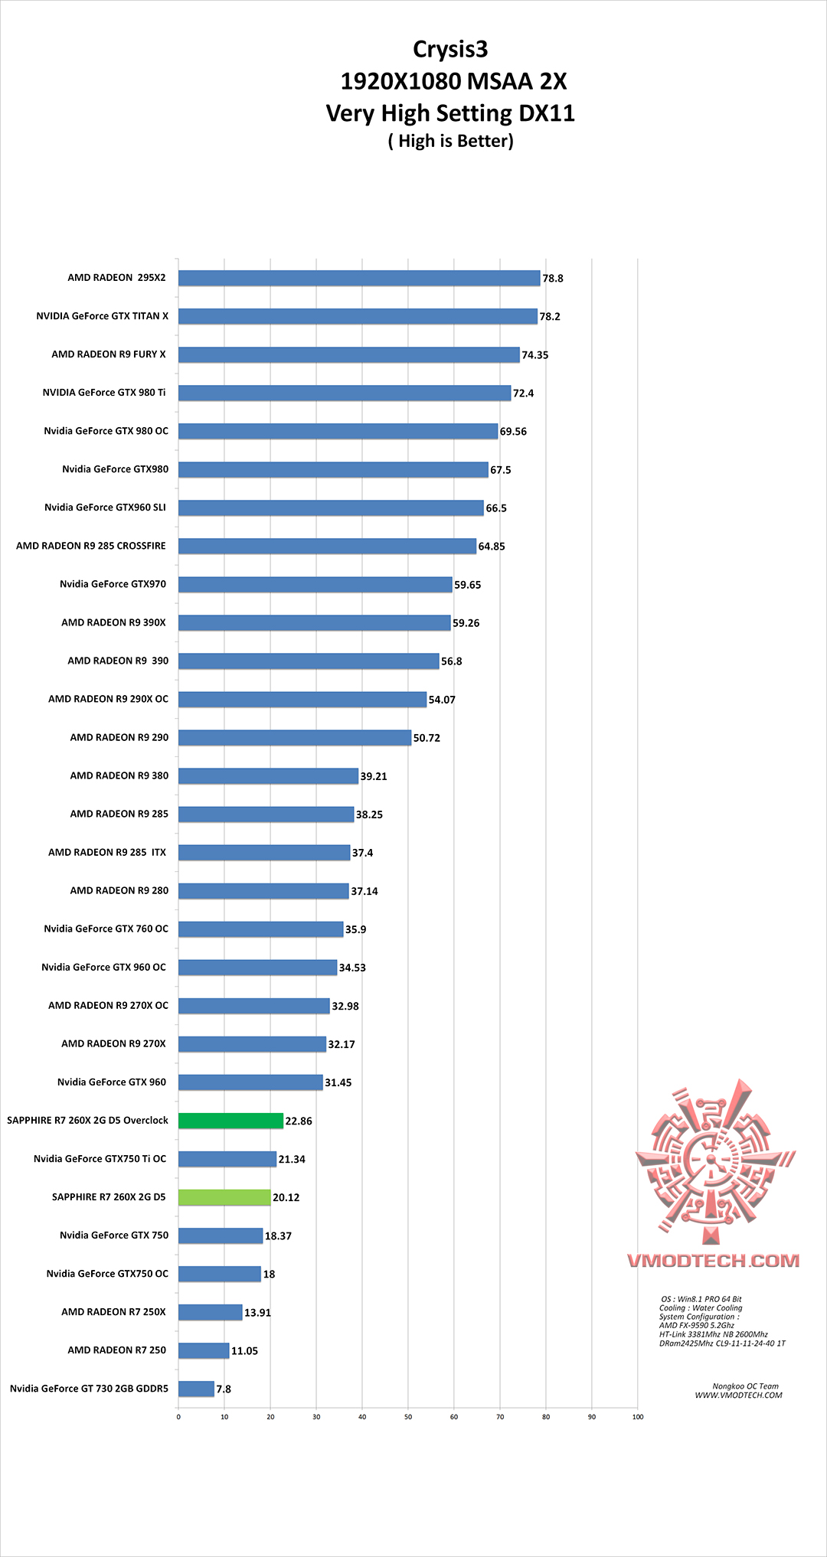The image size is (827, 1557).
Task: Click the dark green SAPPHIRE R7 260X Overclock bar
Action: pos(230,1121)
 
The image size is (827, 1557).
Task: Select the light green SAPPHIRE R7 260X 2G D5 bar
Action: pos(224,1197)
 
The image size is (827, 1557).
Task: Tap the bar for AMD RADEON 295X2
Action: pos(359,278)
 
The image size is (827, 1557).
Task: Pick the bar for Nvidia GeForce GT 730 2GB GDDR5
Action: pos(196,1389)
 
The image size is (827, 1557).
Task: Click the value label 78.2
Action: pos(550,317)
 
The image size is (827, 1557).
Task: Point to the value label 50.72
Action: pos(427,738)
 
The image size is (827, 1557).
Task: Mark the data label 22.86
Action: pos(299,1121)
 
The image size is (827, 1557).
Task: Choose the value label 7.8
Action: pos(224,1389)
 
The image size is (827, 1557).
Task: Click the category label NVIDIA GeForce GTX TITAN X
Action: pos(102,316)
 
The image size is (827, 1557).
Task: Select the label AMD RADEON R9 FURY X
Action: pos(109,354)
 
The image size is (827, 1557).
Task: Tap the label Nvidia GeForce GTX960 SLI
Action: pos(105,508)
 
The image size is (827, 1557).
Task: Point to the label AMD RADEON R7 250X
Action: pos(113,1312)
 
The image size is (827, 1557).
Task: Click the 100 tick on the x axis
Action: pos(638,1417)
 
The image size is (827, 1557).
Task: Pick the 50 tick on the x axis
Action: pos(408,1417)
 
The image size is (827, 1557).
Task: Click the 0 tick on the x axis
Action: pos(178,1417)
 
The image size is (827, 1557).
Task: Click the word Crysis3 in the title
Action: pos(450,50)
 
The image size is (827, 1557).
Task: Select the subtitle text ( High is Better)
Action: pos(450,141)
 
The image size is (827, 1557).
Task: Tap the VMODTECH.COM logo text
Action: pos(713,1261)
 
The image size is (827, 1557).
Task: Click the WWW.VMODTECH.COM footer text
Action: pos(738,1395)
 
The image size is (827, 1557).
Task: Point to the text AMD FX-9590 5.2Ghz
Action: pos(696,1326)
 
